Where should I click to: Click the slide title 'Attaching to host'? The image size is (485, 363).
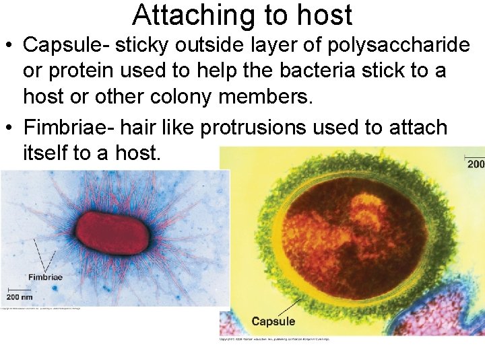coord(243,15)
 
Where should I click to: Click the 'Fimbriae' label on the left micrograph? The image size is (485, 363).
coord(45,277)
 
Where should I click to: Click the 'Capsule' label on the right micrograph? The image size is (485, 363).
coord(273,321)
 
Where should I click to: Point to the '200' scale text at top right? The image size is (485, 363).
coord(476,164)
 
